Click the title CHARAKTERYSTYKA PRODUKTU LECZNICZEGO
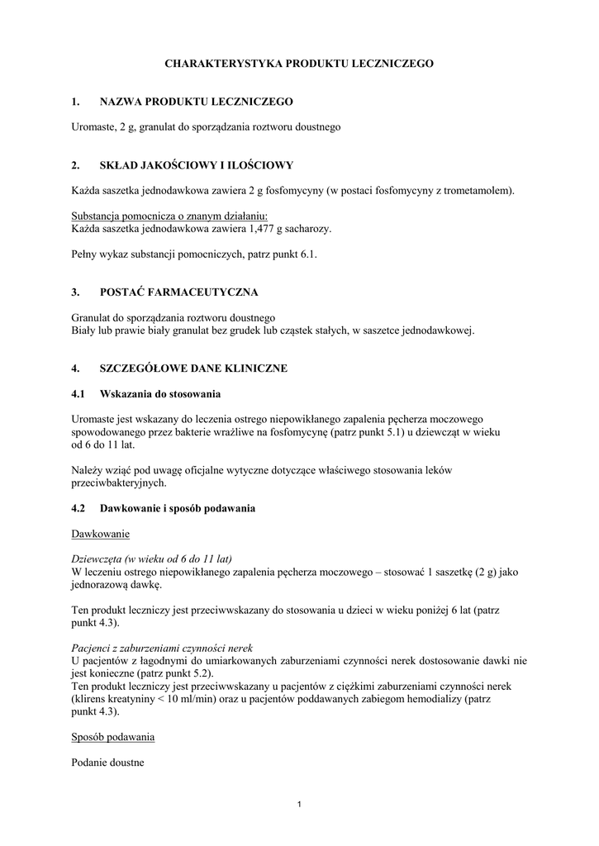coord(299,63)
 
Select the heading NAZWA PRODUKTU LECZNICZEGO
coord(196,102)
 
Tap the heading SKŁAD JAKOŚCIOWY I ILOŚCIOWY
coord(196,165)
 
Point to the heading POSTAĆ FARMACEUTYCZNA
coord(178,292)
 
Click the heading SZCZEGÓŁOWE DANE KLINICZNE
coord(193,368)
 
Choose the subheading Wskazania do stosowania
coord(160,393)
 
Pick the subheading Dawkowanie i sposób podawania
coord(178,508)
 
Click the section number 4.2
coord(79,508)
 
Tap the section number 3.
coord(75,292)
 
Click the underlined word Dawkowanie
coord(101,534)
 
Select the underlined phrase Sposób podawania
coord(113,736)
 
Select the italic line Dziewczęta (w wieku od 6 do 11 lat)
coord(152,558)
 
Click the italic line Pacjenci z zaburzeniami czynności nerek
coord(162,648)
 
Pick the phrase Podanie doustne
coord(108,763)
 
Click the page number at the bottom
coord(299,806)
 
